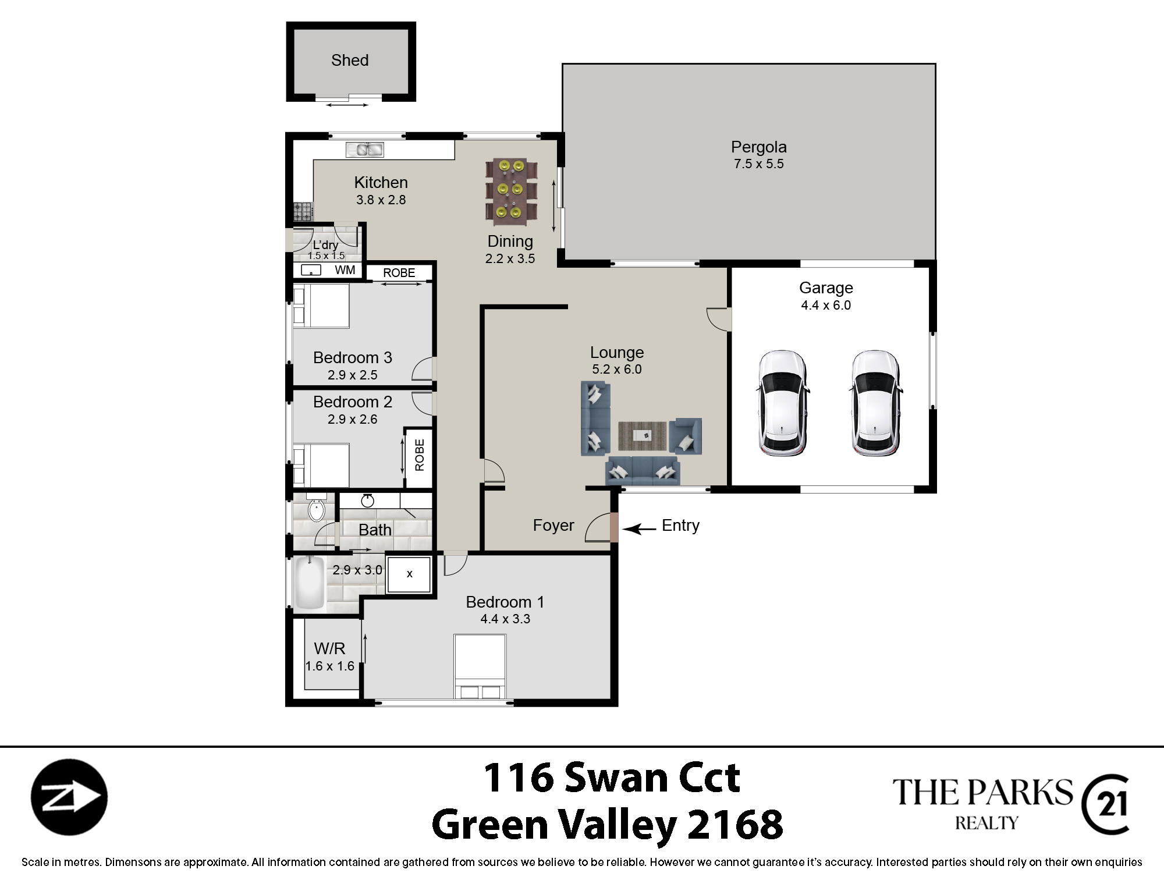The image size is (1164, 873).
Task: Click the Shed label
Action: [350, 60]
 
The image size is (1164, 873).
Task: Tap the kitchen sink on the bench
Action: [365, 150]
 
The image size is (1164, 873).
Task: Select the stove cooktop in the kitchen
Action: [303, 211]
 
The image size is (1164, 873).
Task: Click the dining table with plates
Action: [511, 192]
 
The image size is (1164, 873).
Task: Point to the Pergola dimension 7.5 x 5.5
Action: [759, 164]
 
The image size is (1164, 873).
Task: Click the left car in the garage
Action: [782, 403]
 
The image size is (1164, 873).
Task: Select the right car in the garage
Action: [875, 403]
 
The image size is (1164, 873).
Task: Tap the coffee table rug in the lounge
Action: [642, 436]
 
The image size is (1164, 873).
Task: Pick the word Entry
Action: [680, 526]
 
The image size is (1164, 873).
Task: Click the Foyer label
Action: [553, 526]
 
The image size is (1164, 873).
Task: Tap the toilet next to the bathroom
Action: [316, 508]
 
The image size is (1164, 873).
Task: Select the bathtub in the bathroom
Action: [309, 583]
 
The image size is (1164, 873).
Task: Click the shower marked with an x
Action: [409, 574]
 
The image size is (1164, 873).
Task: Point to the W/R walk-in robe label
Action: [329, 648]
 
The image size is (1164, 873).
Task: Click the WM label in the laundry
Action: [345, 270]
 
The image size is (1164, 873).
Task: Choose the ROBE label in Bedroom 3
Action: [399, 273]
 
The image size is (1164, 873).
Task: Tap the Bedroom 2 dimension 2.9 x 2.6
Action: [353, 419]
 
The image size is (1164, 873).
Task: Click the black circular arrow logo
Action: [69, 797]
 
